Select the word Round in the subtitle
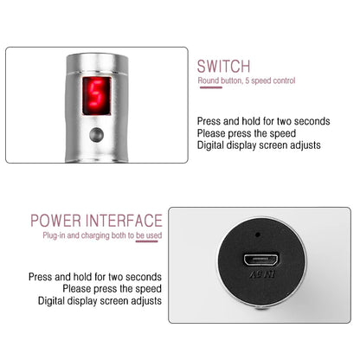click(208, 81)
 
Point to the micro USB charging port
click(260, 261)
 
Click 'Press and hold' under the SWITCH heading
click(227, 122)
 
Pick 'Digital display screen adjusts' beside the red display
click(258, 146)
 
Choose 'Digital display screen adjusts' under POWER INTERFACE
click(99, 301)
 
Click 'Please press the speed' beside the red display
click(247, 134)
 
